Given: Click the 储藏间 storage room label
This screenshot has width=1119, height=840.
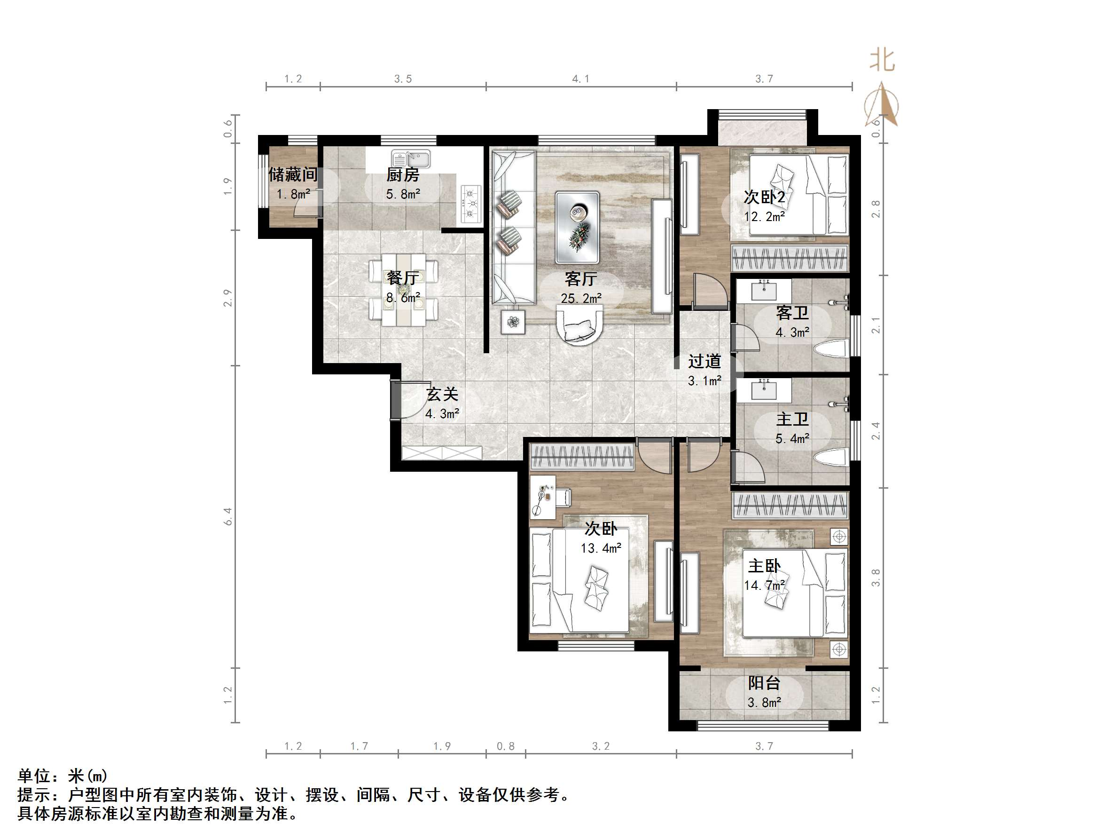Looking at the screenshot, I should (293, 174).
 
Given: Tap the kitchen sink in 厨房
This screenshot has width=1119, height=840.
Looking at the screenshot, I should (410, 159).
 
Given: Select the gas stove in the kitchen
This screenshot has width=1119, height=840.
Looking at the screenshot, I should (470, 205).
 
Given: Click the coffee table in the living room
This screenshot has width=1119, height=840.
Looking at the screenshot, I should (577, 227).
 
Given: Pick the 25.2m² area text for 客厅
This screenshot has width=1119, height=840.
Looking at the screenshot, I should (581, 298).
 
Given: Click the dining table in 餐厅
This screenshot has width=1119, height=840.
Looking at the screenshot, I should (403, 290).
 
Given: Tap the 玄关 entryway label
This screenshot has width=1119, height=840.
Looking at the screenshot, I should (442, 395).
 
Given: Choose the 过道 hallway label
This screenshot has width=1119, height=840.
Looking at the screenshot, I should (704, 362).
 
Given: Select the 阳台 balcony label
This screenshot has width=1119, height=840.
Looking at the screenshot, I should (764, 683).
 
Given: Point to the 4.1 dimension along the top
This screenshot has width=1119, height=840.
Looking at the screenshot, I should (580, 79).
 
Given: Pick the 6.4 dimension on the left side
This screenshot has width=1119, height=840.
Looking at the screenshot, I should (227, 516).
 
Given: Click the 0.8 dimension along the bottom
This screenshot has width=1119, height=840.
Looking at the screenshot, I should (505, 746).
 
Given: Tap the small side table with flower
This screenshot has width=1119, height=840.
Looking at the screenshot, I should (514, 322).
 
